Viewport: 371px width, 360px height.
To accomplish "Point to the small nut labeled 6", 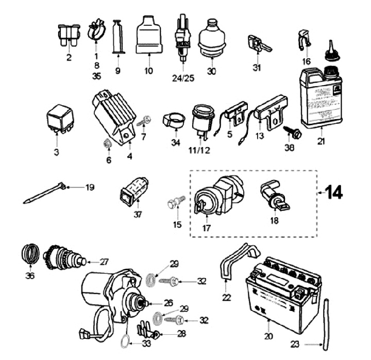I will click(x=107, y=144).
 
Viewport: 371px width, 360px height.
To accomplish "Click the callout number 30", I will click(x=211, y=71).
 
